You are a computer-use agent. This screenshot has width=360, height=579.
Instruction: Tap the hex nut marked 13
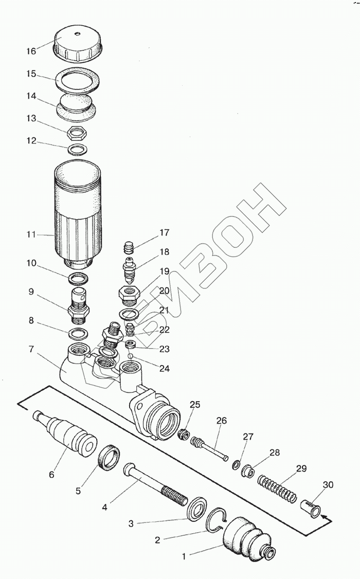pyautogui.click(x=77, y=134)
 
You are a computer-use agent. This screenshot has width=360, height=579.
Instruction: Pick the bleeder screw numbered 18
pyautogui.click(x=129, y=269)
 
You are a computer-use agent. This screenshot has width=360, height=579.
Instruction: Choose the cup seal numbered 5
pyautogui.click(x=109, y=457)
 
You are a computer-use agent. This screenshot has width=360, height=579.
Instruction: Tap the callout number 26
pyautogui.click(x=221, y=421)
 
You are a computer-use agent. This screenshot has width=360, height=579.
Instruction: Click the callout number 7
pyautogui.click(x=31, y=350)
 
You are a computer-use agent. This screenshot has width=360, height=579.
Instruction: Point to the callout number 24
pyautogui.click(x=164, y=368)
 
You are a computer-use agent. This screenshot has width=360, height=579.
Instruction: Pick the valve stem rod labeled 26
pyautogui.click(x=211, y=447)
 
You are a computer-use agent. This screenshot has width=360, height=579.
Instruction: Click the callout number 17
pyautogui.click(x=164, y=232)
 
